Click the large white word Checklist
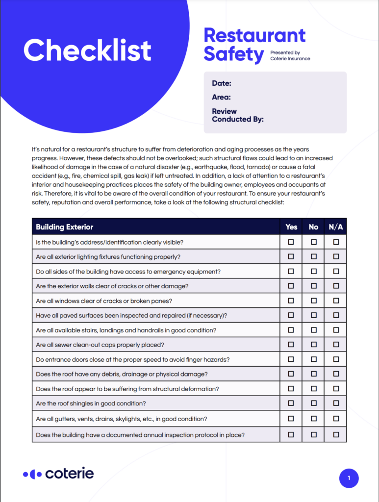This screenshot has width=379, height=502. [x=87, y=50]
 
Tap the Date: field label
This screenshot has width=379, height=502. [x=222, y=83]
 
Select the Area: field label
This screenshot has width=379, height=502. [x=222, y=97]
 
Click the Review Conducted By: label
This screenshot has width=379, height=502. [x=238, y=115]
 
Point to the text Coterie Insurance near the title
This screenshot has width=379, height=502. [x=290, y=59]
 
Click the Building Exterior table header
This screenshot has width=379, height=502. [x=64, y=226]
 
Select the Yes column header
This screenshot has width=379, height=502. [x=291, y=226]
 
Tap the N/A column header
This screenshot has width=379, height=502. [x=336, y=226]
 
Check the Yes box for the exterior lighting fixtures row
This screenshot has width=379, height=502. [x=291, y=256]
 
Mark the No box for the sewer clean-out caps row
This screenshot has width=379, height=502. [x=314, y=345]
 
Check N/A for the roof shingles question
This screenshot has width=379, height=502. [x=336, y=403]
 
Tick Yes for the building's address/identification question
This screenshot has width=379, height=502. [x=291, y=242]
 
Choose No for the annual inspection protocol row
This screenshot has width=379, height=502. [x=314, y=434]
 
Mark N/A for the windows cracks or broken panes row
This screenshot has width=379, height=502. [x=336, y=301]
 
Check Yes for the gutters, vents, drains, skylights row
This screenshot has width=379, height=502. [x=291, y=419]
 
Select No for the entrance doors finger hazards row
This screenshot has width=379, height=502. [x=314, y=359]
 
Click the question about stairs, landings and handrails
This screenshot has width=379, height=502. [x=126, y=330]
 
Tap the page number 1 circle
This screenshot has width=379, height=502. [x=349, y=478]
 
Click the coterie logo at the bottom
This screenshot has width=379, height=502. [x=58, y=474]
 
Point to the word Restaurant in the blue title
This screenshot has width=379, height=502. [x=254, y=36]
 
